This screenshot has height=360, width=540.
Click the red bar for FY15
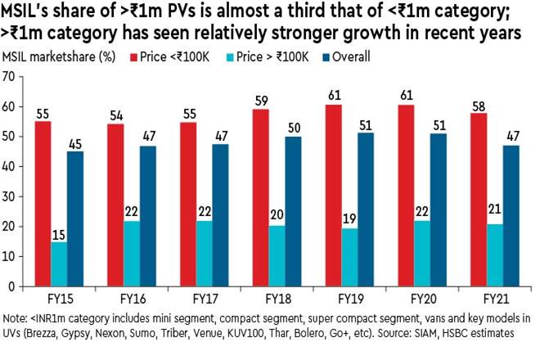(x=43, y=204)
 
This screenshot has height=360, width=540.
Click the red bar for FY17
(x=187, y=205)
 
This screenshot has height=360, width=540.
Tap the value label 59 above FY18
(x=259, y=103)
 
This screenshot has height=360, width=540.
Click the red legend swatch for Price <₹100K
(x=133, y=57)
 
